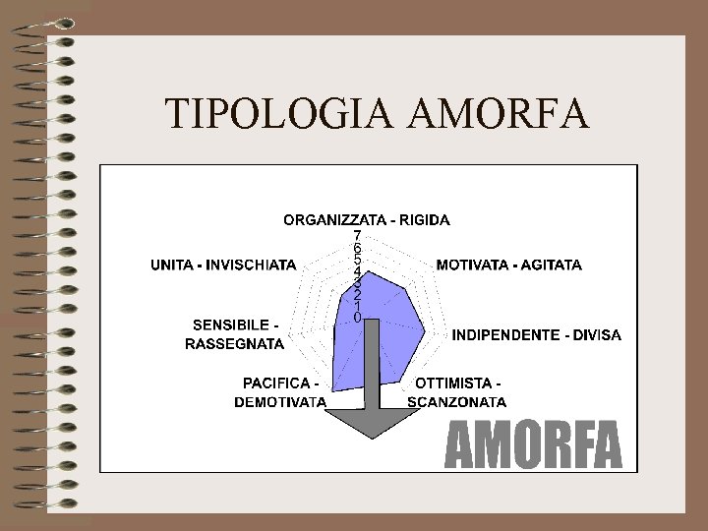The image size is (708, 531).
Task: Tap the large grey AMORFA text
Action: [535, 446]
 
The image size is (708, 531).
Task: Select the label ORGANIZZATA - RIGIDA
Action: [367, 219]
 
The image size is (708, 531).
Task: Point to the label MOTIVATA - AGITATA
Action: [508, 265]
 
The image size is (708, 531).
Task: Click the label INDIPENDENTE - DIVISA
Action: [536, 335]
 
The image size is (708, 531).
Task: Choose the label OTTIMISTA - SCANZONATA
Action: [457, 391]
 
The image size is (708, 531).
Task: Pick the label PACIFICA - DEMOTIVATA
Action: [280, 391]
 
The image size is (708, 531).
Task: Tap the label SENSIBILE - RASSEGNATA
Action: [235, 334]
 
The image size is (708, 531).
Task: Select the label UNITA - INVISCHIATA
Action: [223, 265]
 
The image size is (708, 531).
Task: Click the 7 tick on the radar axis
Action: [357, 235]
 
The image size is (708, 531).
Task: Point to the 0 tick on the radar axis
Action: [357, 318]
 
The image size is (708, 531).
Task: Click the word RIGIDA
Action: [426, 219]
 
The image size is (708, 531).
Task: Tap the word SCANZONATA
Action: [457, 401]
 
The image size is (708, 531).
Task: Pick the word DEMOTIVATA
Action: [280, 401]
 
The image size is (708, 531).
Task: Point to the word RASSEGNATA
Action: [235, 344]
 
